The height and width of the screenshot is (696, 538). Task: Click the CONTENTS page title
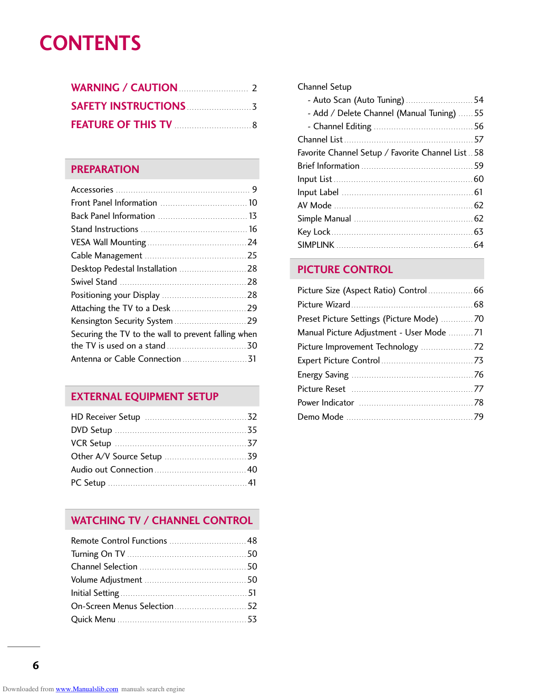coord(90,43)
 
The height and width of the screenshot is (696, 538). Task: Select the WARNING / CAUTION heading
coord(124,88)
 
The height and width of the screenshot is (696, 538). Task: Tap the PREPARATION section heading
coord(105,169)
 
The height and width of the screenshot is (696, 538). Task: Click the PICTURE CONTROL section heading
coord(345,269)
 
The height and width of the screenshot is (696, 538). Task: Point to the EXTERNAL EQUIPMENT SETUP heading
coord(145,397)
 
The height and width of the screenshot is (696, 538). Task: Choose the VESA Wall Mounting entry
coord(109,242)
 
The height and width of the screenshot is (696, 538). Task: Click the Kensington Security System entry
coord(122,321)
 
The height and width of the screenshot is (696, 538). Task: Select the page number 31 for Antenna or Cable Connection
coord(252,359)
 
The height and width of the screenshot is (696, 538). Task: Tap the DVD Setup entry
coord(92,430)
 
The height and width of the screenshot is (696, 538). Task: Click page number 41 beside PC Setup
coord(252,482)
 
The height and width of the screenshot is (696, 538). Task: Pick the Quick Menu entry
coord(93,619)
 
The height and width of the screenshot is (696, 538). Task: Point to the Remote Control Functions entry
coord(119,540)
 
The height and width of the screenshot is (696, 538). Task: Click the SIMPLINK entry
coord(316,245)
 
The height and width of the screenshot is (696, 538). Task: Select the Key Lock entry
coord(314,231)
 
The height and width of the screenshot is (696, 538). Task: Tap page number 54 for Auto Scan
coord(478,100)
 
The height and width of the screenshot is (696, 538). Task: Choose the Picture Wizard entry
coord(324,304)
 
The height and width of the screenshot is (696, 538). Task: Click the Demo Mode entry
coord(320,417)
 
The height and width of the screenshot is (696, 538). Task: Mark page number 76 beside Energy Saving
coord(478,374)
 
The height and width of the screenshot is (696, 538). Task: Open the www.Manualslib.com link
coord(87,689)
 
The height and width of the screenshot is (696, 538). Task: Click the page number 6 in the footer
coord(36,665)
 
